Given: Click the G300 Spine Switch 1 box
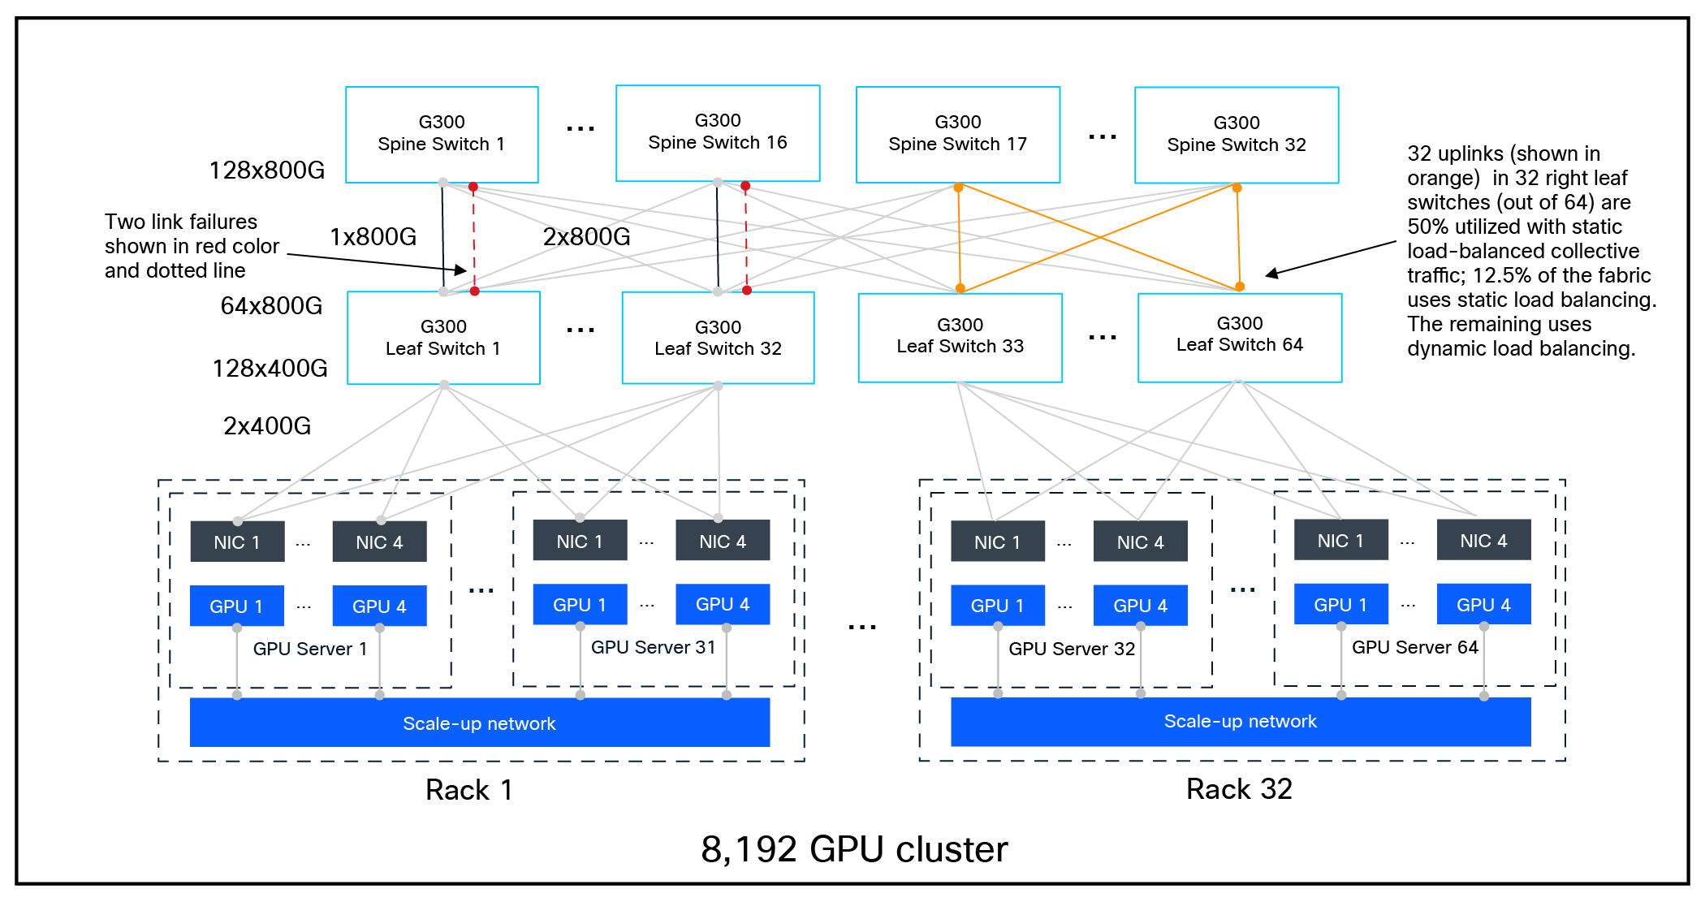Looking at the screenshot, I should [442, 134].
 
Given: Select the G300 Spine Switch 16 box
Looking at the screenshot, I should [718, 132].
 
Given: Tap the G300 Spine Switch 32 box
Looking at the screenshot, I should [1236, 135].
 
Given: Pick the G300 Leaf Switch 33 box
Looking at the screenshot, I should [960, 336].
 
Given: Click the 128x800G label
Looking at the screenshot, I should [266, 170].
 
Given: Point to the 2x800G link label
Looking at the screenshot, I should [586, 237].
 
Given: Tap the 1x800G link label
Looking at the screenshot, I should [373, 237].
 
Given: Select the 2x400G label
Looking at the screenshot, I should [266, 426].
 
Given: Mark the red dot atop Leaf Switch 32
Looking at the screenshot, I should [747, 290].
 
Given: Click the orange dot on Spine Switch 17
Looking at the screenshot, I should [958, 188].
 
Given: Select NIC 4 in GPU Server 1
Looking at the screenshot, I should [379, 542].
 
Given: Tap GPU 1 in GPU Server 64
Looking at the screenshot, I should [1340, 605].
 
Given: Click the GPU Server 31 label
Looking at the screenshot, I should [653, 648].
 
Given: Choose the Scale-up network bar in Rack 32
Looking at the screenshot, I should [1240, 722].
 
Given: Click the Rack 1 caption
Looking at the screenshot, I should [469, 790].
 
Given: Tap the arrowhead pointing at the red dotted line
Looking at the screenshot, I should [461, 270].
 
